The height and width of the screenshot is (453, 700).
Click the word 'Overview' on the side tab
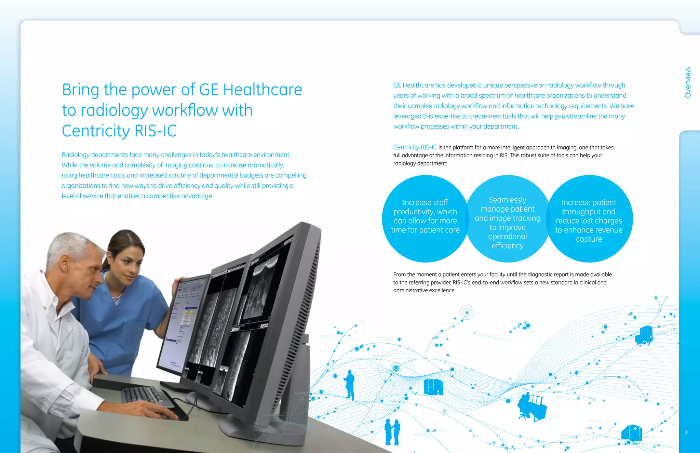(x=688, y=82)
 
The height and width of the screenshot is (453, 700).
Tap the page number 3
(x=686, y=432)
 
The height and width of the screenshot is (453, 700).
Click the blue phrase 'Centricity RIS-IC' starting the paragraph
(x=415, y=147)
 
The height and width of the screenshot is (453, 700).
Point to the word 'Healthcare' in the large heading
(x=262, y=90)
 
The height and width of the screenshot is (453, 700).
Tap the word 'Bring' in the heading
(x=81, y=90)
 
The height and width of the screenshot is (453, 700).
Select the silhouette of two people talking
(x=392, y=432)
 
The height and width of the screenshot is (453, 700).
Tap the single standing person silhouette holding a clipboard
(x=350, y=385)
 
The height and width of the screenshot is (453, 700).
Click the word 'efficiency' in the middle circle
(x=508, y=245)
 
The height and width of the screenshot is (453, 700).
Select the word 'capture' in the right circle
(x=589, y=239)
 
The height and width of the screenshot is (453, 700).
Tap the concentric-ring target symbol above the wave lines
(x=467, y=312)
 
